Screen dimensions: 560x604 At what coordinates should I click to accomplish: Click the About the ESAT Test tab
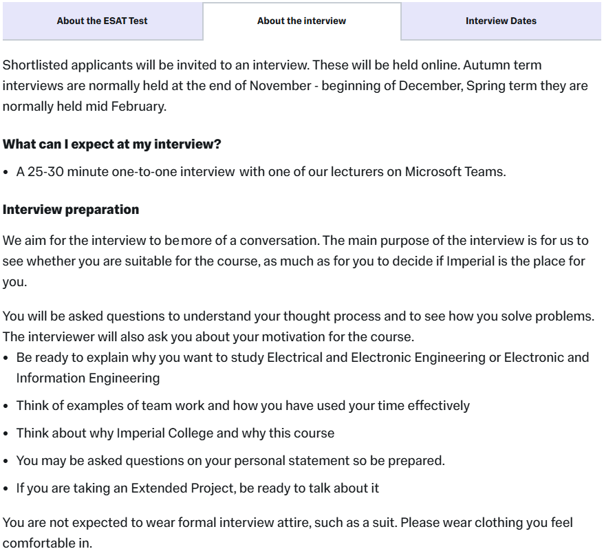[x=102, y=21]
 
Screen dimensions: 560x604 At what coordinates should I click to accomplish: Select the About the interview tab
[x=301, y=21]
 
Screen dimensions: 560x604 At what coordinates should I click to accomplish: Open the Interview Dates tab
[x=501, y=21]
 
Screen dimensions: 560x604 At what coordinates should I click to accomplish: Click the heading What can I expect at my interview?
[x=112, y=145]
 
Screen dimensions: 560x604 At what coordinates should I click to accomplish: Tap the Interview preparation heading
[x=71, y=210]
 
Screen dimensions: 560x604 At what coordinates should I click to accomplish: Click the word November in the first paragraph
[x=279, y=86]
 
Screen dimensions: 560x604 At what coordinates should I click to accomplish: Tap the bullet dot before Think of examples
[x=7, y=406]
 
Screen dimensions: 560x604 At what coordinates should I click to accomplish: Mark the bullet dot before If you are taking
[x=7, y=488]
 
